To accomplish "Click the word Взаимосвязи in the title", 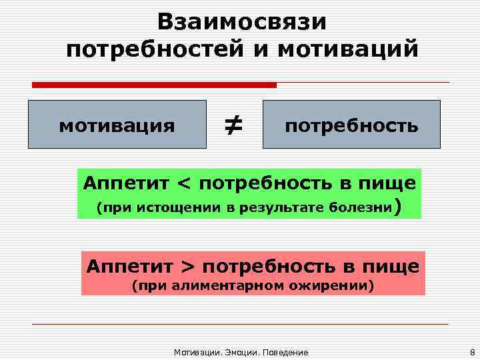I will pos(243,22).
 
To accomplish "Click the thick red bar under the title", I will pos(154,85).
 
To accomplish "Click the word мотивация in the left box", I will pos(117,125).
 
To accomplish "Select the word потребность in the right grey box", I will pos(351,125).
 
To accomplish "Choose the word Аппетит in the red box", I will pos(130,267).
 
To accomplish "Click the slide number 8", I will pos(471,351).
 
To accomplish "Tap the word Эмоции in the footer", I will pos(239,351).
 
